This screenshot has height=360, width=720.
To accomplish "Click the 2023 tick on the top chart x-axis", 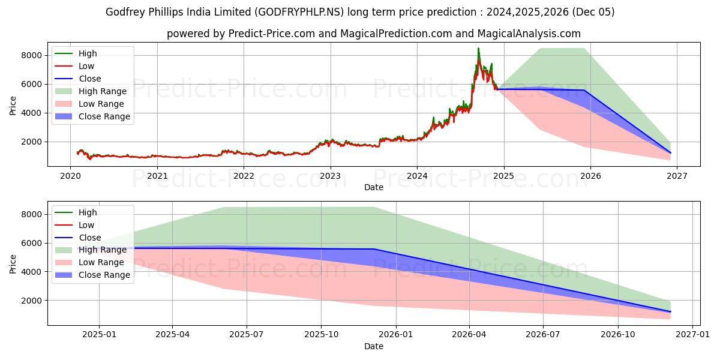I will [x=330, y=176].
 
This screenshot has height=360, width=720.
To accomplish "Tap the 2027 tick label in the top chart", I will [x=677, y=176].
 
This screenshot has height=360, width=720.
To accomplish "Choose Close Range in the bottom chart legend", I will [x=104, y=275].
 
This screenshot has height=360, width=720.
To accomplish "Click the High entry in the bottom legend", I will [x=88, y=212].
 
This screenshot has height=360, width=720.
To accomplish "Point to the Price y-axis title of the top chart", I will [x=13, y=104].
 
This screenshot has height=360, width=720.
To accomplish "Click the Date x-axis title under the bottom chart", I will [x=374, y=346].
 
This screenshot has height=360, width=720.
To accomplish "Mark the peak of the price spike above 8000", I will [x=478, y=49].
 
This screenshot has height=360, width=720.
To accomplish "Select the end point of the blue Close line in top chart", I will [x=670, y=152].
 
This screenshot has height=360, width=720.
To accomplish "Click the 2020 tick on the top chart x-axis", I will [x=71, y=176].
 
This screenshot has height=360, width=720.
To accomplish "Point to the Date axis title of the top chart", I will [x=374, y=187].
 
